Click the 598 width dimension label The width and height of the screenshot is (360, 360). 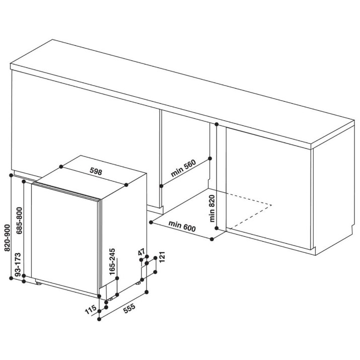[96, 171]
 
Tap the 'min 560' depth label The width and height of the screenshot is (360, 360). [183, 168]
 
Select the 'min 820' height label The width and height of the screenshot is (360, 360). [212, 208]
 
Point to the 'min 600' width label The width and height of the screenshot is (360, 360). [182, 226]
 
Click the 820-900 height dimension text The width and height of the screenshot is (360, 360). [8, 238]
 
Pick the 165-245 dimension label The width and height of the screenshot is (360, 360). [112, 261]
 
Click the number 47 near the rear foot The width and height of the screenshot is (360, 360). [141, 252]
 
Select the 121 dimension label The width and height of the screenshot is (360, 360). [162, 257]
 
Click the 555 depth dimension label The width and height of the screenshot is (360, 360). [129, 308]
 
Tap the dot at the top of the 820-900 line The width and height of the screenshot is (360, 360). [11, 175]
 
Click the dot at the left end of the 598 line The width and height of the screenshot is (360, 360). [61, 167]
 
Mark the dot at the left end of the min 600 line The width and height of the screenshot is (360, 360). [151, 222]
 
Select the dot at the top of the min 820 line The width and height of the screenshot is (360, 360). [217, 124]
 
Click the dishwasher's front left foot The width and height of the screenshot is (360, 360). [39, 283]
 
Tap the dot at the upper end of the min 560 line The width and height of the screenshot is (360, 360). [209, 159]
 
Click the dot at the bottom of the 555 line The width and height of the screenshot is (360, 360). [99, 319]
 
